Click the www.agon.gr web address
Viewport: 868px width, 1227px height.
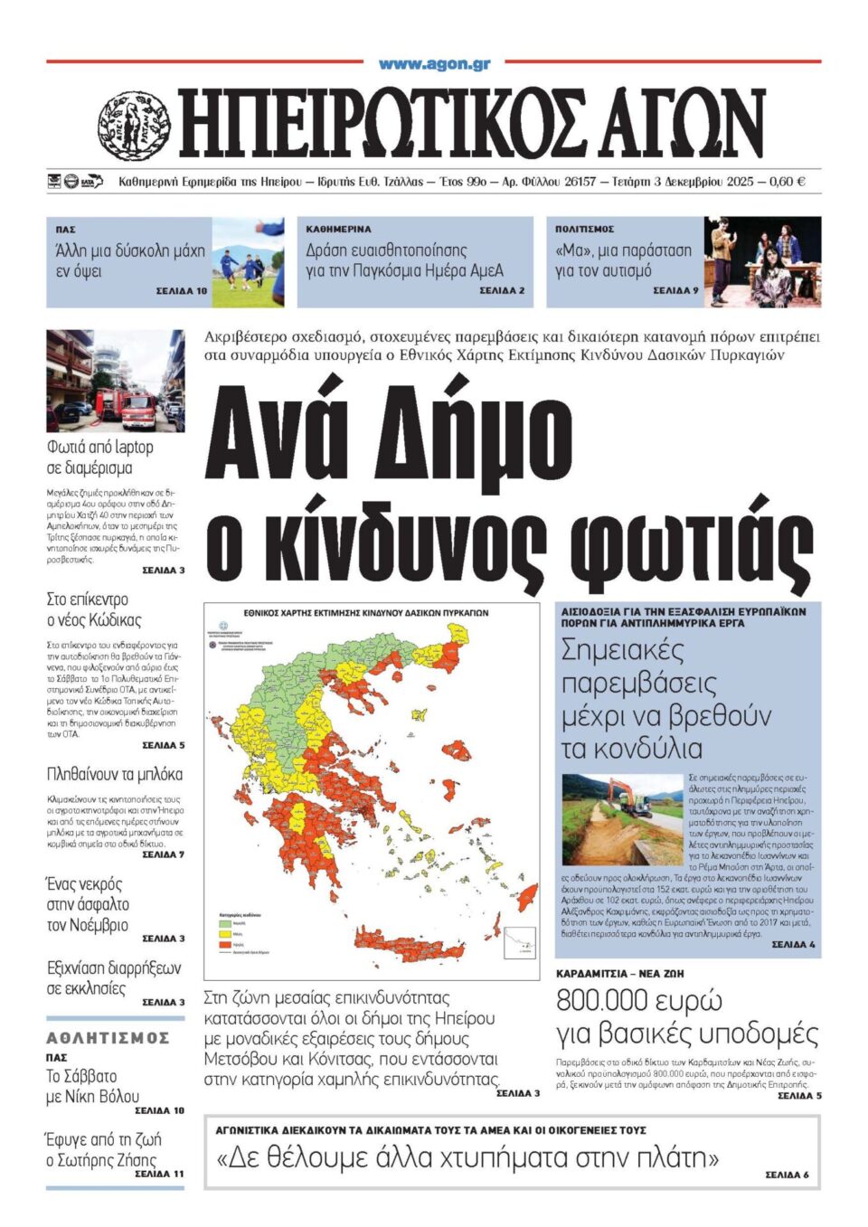434,64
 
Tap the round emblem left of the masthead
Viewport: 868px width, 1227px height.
134,126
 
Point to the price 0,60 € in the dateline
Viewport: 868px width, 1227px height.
786,182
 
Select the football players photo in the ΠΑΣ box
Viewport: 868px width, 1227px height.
248,262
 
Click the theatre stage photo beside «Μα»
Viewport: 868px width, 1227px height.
762,261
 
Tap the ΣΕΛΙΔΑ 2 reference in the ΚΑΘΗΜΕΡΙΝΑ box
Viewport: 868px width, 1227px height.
502,291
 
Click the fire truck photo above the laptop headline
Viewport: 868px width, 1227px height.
115,381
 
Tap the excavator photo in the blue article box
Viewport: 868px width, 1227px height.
622,819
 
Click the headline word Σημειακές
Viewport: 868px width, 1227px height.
623,650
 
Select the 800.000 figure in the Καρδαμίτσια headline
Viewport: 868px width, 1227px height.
601,1001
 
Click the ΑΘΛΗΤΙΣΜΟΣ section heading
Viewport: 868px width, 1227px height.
108,1038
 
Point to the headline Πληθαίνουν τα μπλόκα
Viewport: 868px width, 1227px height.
115,774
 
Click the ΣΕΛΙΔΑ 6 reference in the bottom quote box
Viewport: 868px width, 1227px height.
787,1175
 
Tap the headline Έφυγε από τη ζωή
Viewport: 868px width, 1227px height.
103,1139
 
